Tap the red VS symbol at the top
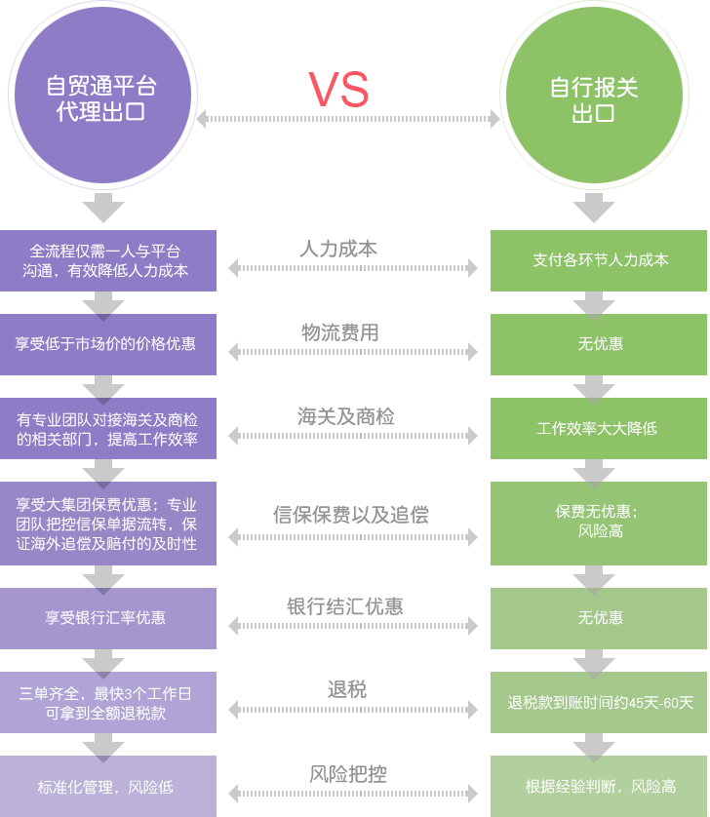[338, 90]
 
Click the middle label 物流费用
[339, 333]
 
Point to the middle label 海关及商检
[346, 417]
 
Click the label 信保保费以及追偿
[350, 515]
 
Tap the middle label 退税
[346, 690]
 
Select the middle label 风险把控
[348, 774]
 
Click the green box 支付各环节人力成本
[599, 260]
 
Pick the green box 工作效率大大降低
[599, 428]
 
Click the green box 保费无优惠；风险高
[599, 522]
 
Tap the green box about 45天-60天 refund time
[599, 702]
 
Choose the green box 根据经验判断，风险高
[599, 786]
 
